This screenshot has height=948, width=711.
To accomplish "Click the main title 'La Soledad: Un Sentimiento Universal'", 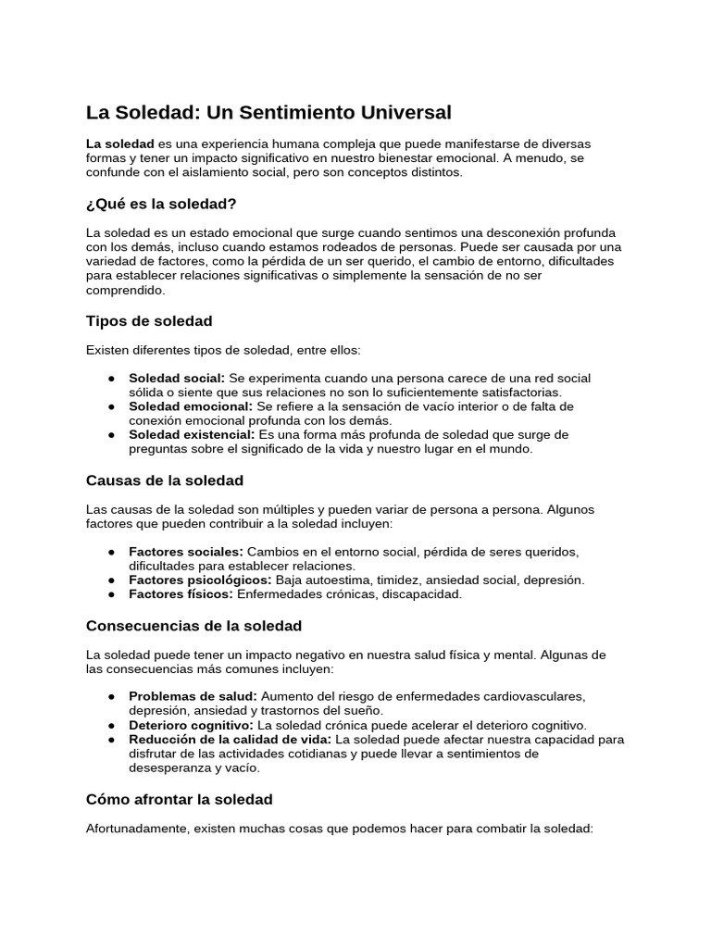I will pyautogui.click(x=268, y=113).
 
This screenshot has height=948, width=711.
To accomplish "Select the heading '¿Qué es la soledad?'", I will pyautogui.click(x=161, y=203).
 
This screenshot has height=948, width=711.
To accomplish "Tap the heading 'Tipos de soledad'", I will pyautogui.click(x=149, y=321).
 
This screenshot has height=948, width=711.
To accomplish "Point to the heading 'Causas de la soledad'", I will pyautogui.click(x=164, y=480).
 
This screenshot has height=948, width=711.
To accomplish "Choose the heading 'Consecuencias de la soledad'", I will pyautogui.click(x=193, y=626).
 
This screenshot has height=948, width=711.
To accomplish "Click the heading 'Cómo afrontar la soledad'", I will pyautogui.click(x=179, y=799).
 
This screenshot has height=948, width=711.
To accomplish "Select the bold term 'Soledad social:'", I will pyautogui.click(x=177, y=379).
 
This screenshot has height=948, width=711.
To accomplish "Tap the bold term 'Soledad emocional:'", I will pyautogui.click(x=190, y=406).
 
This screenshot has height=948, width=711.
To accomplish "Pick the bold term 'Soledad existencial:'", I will pyautogui.click(x=192, y=434).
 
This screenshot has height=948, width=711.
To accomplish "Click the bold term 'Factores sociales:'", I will pyautogui.click(x=186, y=552).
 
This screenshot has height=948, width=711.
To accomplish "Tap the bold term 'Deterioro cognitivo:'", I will pyautogui.click(x=191, y=725).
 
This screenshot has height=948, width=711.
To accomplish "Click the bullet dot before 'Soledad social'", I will pyautogui.click(x=111, y=380).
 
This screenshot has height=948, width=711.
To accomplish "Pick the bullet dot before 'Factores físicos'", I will pyautogui.click(x=111, y=594).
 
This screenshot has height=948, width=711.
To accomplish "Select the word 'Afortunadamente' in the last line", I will pyautogui.click(x=137, y=829).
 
